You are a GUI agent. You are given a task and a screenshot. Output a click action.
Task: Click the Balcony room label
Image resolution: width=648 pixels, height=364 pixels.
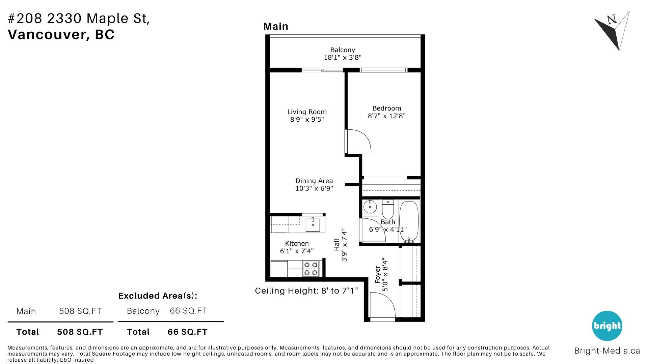point(343,50)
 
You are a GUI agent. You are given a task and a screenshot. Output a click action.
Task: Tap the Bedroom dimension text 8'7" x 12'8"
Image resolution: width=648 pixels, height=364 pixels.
point(387,116)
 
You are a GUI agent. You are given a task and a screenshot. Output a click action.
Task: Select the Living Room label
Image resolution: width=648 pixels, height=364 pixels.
point(307,112)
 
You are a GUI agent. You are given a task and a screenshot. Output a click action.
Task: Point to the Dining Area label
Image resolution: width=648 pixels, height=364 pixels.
point(314,181)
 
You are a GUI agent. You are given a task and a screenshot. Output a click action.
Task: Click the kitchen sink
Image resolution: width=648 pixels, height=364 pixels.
point(313,225)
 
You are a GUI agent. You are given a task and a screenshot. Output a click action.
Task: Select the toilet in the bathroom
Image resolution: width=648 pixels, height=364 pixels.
point(388,209)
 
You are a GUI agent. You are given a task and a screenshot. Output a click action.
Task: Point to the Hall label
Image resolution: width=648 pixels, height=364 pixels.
point(336,245)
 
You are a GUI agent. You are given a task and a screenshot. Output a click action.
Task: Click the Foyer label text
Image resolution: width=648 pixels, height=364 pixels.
point(378,274)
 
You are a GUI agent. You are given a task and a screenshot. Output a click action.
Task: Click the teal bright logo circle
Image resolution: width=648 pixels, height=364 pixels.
point(607,326)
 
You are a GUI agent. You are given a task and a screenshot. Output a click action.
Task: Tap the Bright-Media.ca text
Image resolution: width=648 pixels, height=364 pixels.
point(607,351)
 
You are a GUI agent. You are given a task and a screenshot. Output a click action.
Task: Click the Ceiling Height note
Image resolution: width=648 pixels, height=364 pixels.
point(306,291)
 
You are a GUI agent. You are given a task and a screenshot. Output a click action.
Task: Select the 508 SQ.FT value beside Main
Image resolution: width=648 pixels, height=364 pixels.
point(80,311)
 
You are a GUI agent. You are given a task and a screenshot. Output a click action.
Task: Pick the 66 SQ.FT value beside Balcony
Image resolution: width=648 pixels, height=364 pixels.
point(188,311)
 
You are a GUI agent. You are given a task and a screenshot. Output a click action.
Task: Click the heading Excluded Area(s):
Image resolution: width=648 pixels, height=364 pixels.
point(158,296)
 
